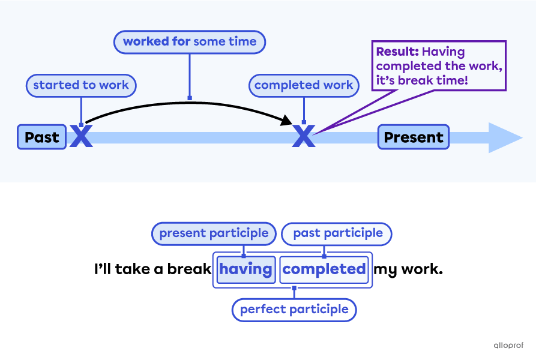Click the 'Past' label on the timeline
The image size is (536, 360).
click(x=41, y=137)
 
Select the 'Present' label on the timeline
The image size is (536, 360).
click(x=413, y=137)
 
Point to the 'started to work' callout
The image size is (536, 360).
click(x=81, y=85)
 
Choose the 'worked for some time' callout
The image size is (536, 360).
click(x=189, y=42)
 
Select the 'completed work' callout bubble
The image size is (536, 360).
click(x=303, y=85)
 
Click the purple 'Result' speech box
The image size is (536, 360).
click(x=439, y=66)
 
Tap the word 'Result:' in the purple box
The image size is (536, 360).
click(x=397, y=52)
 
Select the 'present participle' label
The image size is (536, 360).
click(x=214, y=233)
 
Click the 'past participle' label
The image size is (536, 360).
click(x=337, y=233)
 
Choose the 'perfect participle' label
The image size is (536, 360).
click(x=294, y=310)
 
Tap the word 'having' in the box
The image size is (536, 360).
click(x=245, y=269)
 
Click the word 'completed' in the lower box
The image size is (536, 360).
click(x=324, y=269)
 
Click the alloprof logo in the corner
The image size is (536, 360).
click(x=508, y=345)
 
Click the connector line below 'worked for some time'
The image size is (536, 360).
click(x=190, y=75)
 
